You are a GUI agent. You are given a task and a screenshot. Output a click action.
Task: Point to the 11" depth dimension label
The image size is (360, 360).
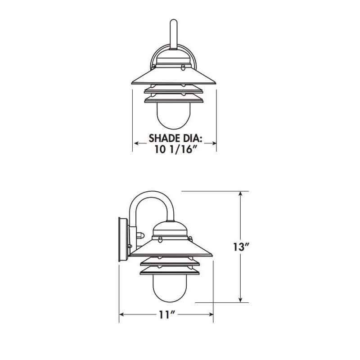tap(166, 315)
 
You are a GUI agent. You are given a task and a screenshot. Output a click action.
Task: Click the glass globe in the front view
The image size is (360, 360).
tap(174, 117)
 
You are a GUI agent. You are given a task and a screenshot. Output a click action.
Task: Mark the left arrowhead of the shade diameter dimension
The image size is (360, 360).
tap(135, 144)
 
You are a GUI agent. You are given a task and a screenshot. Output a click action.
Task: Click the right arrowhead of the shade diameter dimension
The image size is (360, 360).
tap(214, 144)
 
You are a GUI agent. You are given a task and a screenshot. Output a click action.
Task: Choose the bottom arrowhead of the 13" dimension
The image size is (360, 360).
tap(241, 299)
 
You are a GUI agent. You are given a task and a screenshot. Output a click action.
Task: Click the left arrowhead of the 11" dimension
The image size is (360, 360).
tap(121, 315)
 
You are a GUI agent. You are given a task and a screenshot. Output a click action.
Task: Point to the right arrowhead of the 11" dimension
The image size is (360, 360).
tap(210, 315)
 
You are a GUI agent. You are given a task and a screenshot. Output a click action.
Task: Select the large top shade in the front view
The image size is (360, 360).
tap(174, 76)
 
